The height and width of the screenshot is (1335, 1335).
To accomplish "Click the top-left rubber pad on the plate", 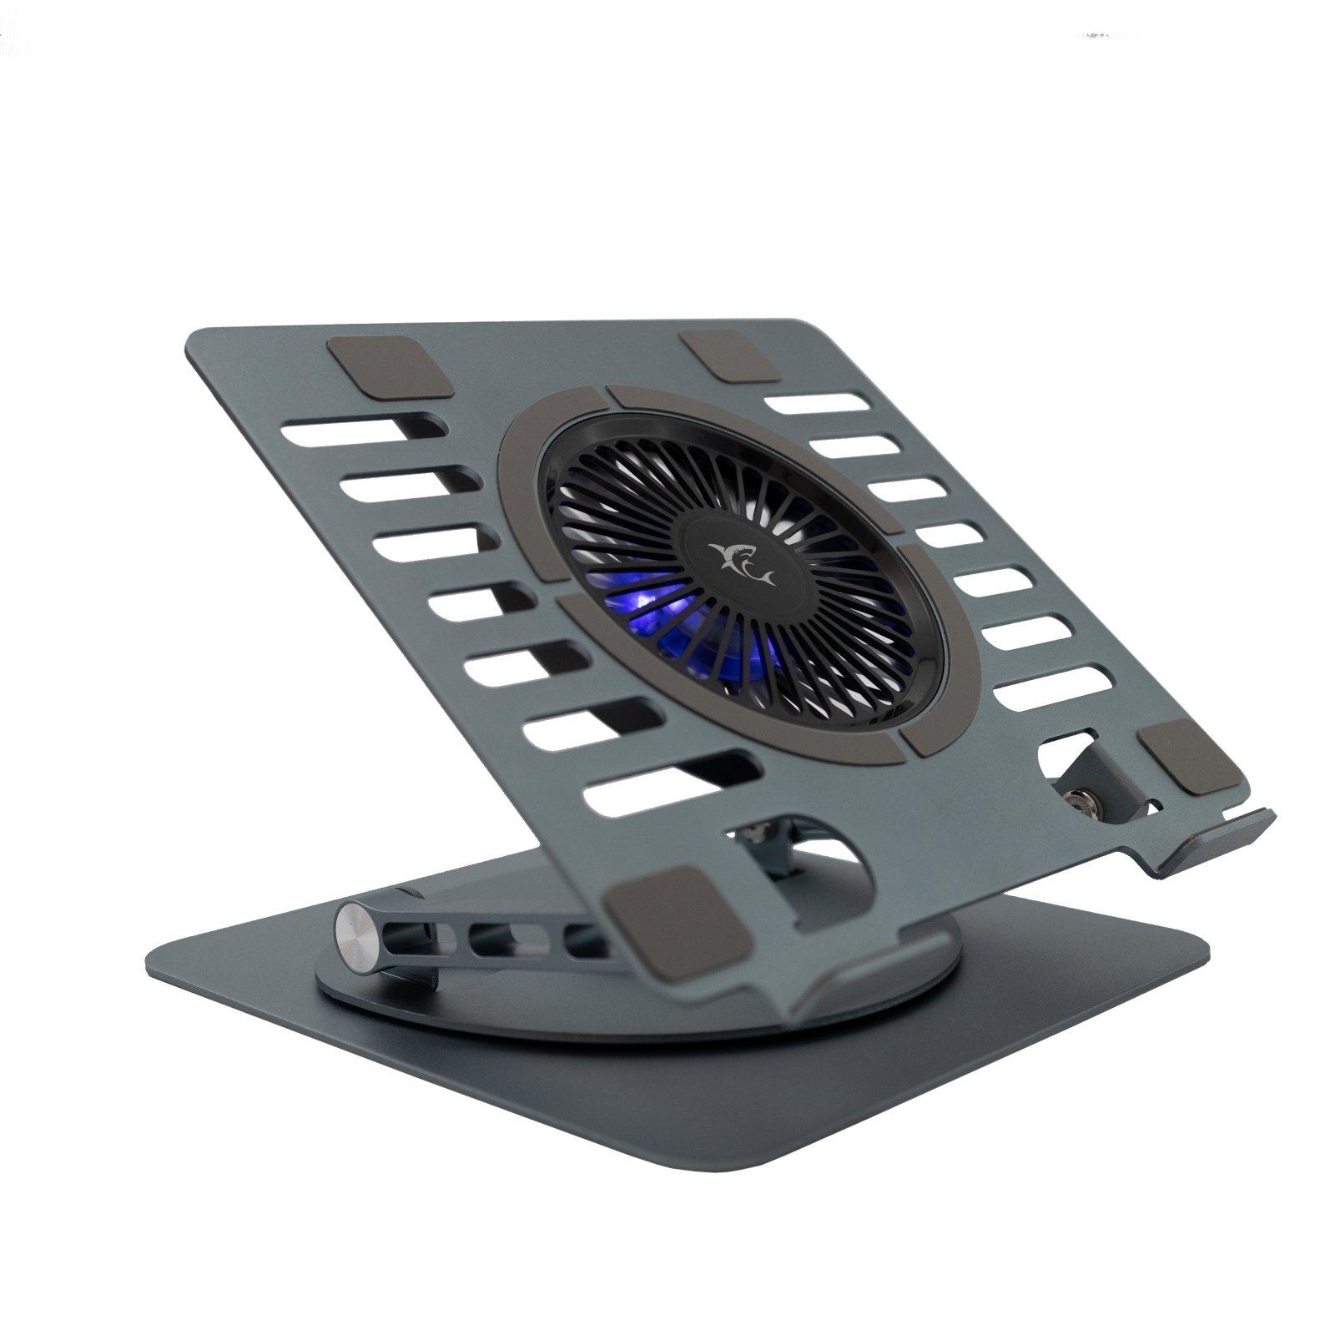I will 390,366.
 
